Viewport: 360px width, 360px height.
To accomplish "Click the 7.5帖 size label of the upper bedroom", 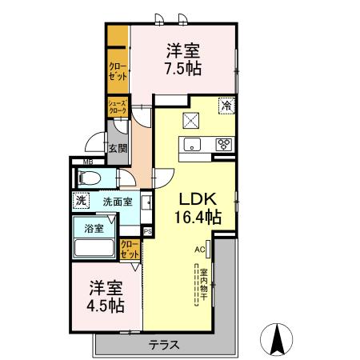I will point(182,69).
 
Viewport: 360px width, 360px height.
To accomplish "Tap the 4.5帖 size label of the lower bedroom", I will point(106,305).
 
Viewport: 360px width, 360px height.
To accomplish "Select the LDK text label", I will point(193,198).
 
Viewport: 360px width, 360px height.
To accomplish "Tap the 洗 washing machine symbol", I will point(80,202).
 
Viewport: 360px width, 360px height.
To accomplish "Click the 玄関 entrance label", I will point(118,147).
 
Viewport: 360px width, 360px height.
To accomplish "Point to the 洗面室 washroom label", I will point(117,202).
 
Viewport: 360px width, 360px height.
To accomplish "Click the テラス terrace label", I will point(163,346).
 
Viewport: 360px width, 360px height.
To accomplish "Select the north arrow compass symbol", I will point(276,339).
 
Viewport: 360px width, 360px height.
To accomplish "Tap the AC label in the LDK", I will point(199,249).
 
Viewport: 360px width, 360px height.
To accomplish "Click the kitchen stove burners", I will point(224,145).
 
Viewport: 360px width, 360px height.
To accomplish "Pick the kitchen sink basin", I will point(192,145).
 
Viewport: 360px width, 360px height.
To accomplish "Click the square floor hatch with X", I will point(192,121).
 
